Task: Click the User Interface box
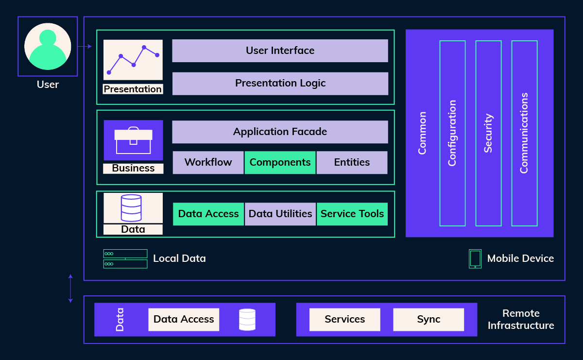[280, 51]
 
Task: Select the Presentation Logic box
[280, 83]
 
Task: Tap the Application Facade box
[280, 132]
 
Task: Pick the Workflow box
[208, 162]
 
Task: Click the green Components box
[280, 162]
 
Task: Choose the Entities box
[352, 162]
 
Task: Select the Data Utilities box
[280, 214]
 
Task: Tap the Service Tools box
[352, 214]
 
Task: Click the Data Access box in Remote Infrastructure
[184, 319]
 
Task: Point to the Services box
[344, 319]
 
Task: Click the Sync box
[429, 319]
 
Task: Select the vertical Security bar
[488, 133]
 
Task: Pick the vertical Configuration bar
[452, 133]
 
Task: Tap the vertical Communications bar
[524, 133]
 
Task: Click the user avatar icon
[48, 46]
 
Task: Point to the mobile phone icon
[475, 258]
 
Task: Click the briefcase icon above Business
[133, 140]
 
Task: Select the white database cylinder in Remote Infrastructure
[247, 320]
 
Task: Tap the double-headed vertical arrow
[70, 289]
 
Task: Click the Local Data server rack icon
[125, 258]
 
